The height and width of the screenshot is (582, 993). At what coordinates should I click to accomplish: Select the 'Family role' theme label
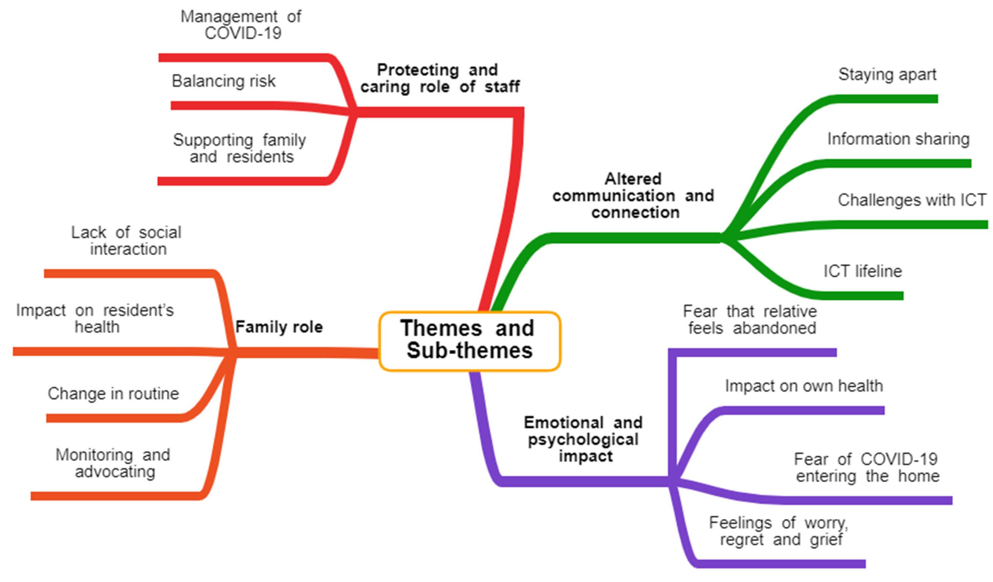[279, 327]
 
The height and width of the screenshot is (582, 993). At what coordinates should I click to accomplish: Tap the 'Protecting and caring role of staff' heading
[440, 78]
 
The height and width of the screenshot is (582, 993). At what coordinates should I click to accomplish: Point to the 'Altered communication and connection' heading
[633, 196]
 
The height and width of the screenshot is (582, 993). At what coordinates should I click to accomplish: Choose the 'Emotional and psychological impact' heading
[583, 439]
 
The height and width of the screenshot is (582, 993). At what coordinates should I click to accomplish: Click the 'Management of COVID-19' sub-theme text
[241, 24]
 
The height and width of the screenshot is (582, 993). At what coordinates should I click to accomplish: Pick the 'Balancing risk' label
[223, 81]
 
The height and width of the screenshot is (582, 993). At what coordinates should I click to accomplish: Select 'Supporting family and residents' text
[240, 148]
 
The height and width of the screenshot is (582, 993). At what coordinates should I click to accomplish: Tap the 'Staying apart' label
[887, 75]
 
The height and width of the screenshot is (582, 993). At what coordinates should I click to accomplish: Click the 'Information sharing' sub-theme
[899, 139]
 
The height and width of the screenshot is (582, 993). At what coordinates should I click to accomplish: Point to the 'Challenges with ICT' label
[911, 200]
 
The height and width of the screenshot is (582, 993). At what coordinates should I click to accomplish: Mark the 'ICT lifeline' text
[863, 271]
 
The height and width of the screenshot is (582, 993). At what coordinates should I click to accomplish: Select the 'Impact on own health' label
[804, 386]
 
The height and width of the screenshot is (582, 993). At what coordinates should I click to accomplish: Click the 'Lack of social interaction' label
[127, 241]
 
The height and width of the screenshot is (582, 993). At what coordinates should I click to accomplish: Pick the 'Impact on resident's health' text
[95, 319]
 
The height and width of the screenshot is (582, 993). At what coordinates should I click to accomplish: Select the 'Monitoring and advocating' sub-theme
[114, 463]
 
